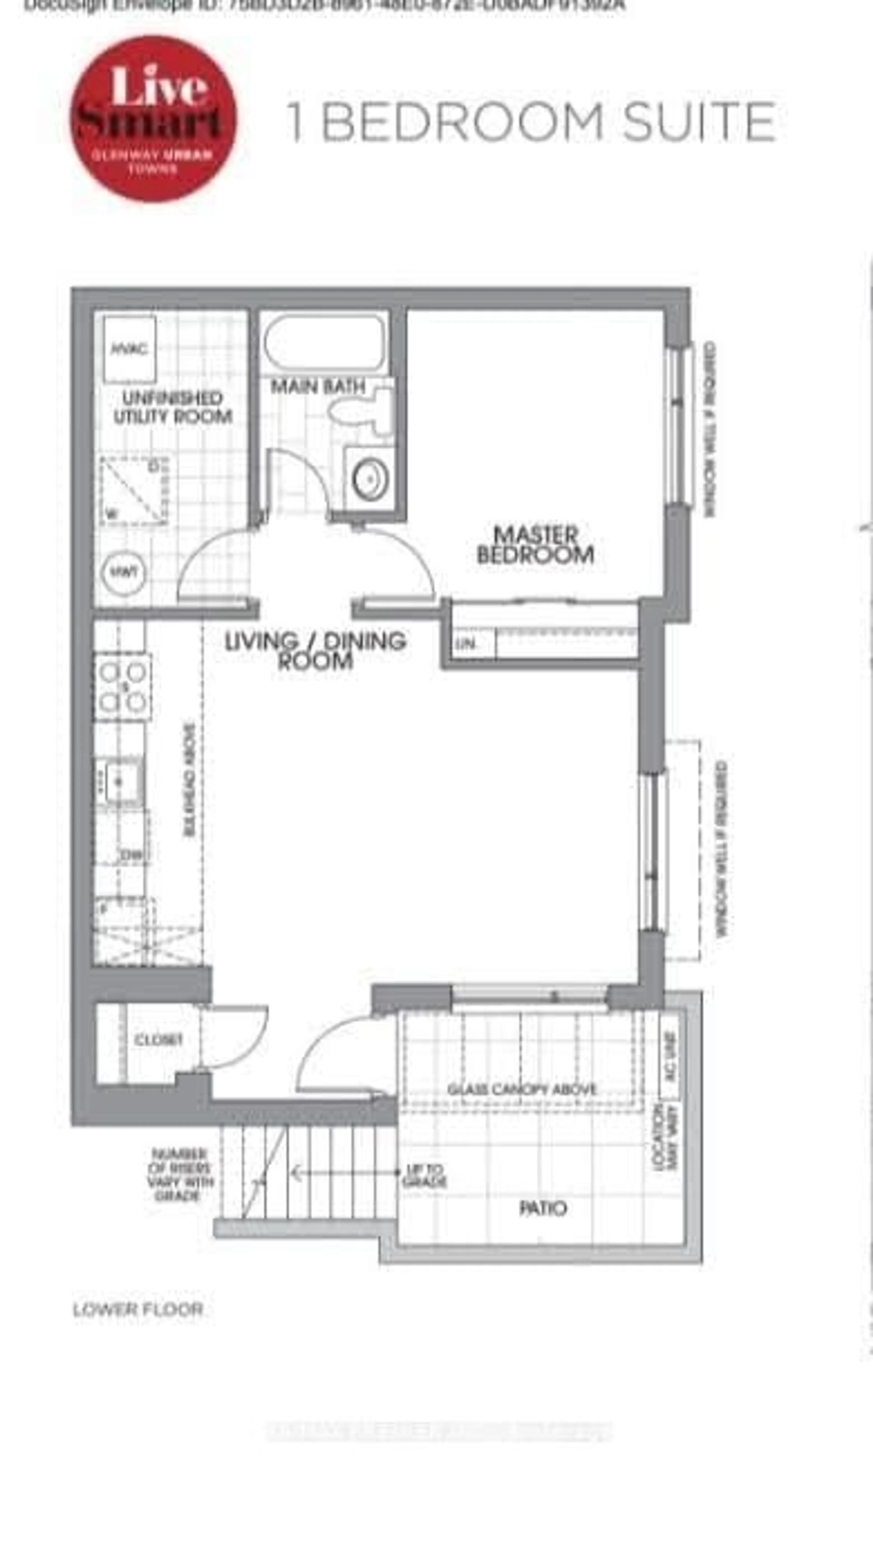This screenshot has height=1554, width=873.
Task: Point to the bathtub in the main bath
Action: coord(324,343)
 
